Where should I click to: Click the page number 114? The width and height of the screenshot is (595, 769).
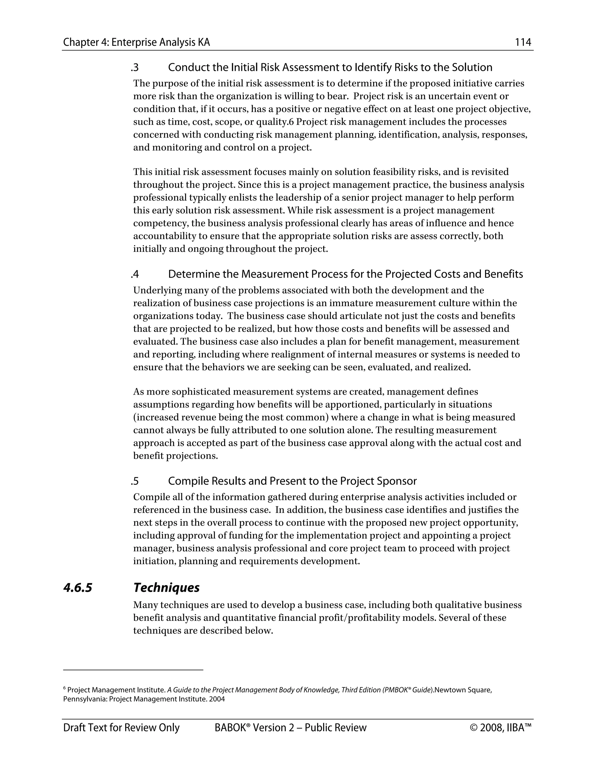[523, 43]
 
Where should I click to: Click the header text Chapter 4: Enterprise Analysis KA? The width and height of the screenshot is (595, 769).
[137, 43]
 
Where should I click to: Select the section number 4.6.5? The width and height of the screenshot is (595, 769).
[78, 588]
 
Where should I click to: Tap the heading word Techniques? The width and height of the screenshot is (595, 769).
[166, 588]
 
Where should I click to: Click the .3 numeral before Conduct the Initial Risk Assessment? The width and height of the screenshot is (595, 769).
[135, 67]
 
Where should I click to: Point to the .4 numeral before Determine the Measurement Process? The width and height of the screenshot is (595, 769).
[135, 274]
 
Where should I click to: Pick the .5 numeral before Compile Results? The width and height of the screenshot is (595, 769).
[135, 481]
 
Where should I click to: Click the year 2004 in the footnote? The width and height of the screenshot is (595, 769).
[217, 699]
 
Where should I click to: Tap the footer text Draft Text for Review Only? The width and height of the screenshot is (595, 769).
[121, 728]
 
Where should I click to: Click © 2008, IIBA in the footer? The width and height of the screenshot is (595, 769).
[500, 728]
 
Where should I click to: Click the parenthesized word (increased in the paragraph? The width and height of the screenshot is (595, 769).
[156, 418]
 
